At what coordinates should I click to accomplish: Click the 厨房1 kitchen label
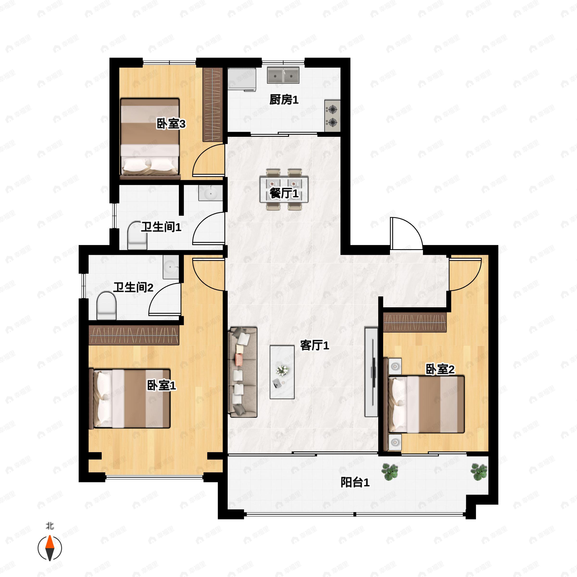pyautogui.click(x=284, y=100)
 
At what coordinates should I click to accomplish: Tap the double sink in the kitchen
pyautogui.click(x=283, y=75)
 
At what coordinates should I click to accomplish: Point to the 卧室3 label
pyautogui.click(x=171, y=124)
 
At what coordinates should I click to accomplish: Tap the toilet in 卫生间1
pyautogui.click(x=137, y=235)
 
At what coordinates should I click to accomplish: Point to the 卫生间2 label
pyautogui.click(x=133, y=288)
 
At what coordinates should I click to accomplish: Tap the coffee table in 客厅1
pyautogui.click(x=282, y=372)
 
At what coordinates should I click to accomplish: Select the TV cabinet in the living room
pyautogui.click(x=371, y=372)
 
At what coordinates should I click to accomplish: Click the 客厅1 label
pyautogui.click(x=314, y=345)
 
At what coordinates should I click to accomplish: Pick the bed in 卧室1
pyautogui.click(x=130, y=399)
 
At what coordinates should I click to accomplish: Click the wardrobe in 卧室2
pyautogui.click(x=415, y=322)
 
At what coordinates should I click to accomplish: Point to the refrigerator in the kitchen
pyautogui.click(x=242, y=79)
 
